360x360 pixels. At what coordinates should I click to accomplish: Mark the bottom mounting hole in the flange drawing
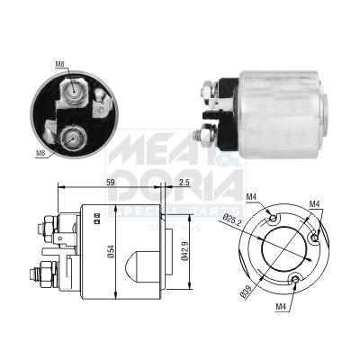[295, 281]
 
